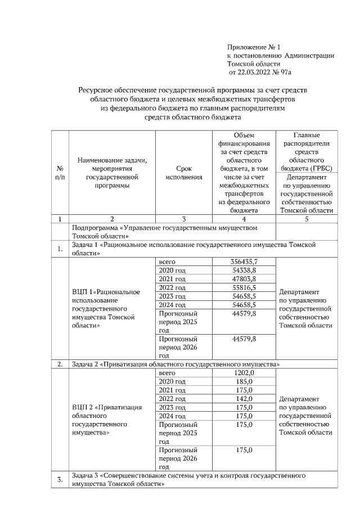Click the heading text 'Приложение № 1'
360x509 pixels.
point(253,47)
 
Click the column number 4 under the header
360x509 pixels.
point(244,219)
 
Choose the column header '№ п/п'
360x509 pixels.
point(60,173)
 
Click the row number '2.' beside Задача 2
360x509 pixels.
point(60,364)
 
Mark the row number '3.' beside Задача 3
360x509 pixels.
point(60,479)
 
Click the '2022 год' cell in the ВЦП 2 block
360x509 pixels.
point(172,398)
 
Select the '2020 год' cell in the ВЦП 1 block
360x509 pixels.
point(172,271)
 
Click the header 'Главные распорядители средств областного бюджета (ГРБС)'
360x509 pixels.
point(307,151)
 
